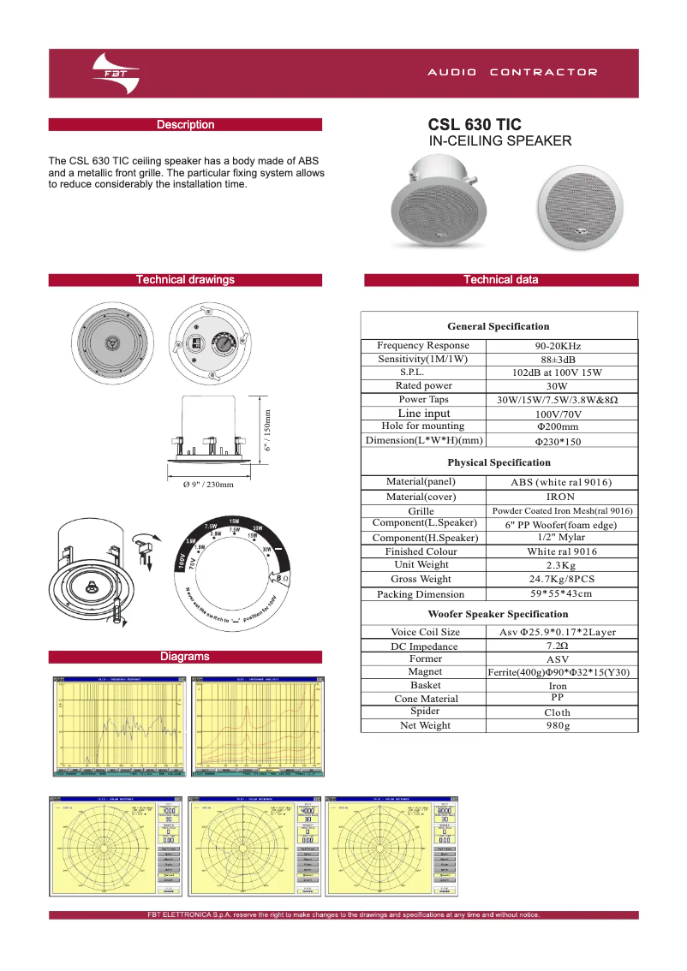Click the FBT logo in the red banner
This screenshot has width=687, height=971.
coord(115,73)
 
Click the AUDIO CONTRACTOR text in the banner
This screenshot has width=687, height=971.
coord(512,73)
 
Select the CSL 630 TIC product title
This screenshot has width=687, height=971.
coord(475,125)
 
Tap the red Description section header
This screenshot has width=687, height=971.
coord(185,125)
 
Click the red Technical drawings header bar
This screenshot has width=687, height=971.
coord(185,280)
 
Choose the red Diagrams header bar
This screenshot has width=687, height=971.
coord(185,657)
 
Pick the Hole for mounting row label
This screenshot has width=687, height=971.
coord(423,426)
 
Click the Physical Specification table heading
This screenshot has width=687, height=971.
coord(499,462)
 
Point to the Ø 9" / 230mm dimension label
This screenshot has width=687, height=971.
coord(208,485)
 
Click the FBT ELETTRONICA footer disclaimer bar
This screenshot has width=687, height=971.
coord(343,915)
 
